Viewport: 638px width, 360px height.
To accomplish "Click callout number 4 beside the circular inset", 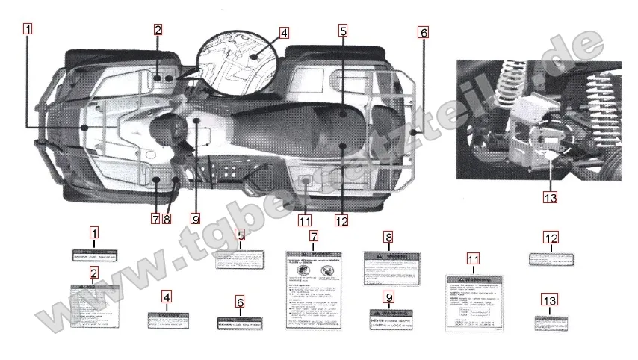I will point(284,33).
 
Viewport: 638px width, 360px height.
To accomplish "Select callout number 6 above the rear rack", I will point(424,32).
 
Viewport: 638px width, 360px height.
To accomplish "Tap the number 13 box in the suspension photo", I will point(550,197).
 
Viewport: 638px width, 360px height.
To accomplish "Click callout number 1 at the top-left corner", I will point(28,30).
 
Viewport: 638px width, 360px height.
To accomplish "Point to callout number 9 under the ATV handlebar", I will point(196,219).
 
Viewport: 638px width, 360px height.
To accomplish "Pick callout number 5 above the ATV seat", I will point(342,31).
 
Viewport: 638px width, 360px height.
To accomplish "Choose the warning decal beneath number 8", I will point(388,268).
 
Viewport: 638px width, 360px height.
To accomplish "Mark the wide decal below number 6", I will point(240,323).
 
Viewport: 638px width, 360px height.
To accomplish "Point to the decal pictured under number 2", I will point(94,306).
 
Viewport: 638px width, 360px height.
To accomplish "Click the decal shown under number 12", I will point(551,258).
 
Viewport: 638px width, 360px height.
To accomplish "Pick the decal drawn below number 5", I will point(240,259).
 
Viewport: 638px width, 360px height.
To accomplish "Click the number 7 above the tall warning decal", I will point(314,235).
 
